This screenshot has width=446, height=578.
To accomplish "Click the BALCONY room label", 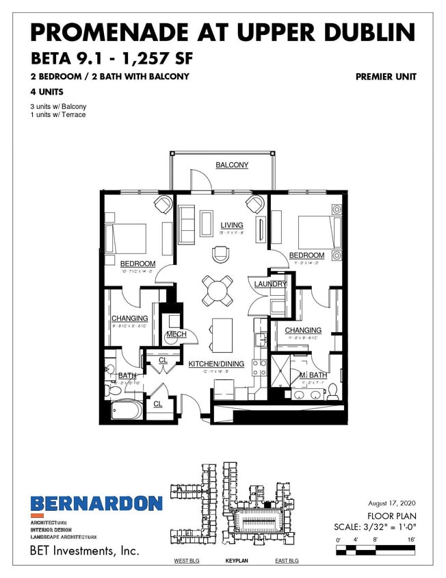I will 232,165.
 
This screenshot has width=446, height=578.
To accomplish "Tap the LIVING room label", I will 231,225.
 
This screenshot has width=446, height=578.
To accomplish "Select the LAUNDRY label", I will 270,284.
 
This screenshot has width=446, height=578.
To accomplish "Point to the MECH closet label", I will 176,335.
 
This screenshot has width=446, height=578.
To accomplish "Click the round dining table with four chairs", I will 218,290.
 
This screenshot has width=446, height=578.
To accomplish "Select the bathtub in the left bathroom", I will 127,412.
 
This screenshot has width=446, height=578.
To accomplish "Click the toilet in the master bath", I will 333,390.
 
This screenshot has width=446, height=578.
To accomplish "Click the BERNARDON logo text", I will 96,503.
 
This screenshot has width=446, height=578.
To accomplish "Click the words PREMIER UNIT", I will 386,77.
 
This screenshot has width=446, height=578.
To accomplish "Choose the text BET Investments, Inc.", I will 84,551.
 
